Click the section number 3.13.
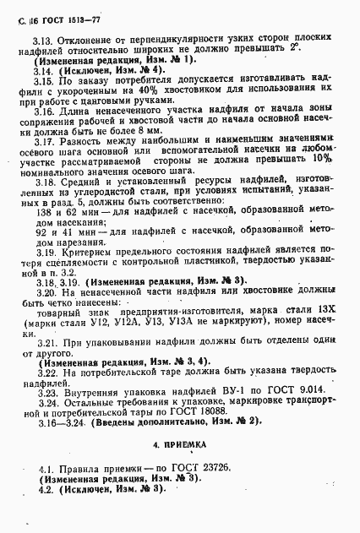pyautogui.click(x=43, y=40)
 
